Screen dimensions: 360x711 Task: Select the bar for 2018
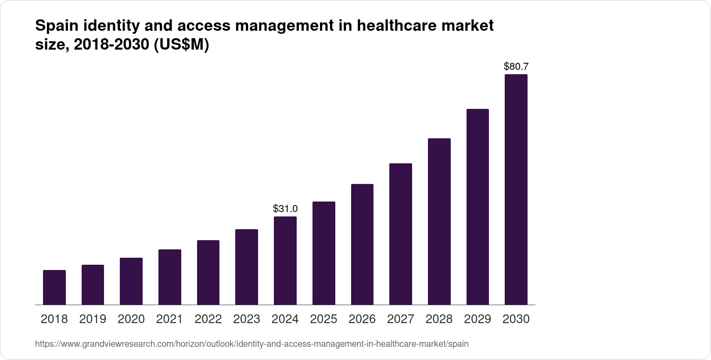click(x=54, y=288)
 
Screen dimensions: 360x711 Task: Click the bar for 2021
click(x=170, y=277)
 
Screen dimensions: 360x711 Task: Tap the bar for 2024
click(x=285, y=261)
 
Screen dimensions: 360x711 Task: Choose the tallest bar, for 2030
click(x=516, y=190)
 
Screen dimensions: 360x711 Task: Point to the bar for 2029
click(x=478, y=207)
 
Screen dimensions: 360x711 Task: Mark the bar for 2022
click(x=208, y=273)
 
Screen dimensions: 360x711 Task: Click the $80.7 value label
click(x=516, y=67)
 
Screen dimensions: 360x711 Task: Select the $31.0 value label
click(x=285, y=209)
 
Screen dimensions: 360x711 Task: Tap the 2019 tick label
click(x=93, y=319)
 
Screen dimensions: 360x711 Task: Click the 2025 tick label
click(x=323, y=319)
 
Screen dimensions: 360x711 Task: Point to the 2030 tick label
click(x=516, y=319)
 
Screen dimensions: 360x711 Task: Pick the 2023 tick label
click(x=247, y=319)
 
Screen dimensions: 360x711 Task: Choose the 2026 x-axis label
click(x=362, y=319)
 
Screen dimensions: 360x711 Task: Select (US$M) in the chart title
click(x=181, y=45)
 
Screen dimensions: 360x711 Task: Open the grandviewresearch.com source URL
click(x=251, y=344)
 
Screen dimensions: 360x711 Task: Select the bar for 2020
click(x=131, y=281)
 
